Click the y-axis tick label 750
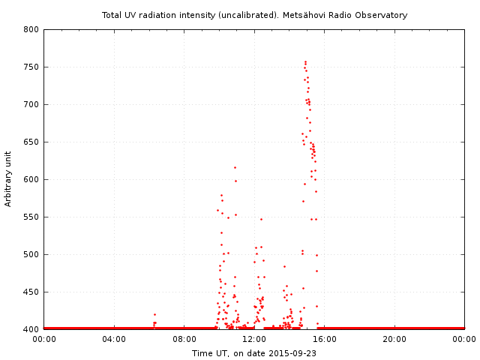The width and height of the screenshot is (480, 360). point(31,67)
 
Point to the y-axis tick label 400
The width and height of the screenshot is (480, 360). point(31,329)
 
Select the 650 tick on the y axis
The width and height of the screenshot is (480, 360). point(31,142)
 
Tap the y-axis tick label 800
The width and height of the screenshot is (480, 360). point(31,29)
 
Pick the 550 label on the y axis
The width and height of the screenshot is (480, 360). point(31,217)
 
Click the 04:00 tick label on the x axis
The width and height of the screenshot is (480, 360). point(114,339)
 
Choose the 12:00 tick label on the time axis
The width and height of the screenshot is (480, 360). point(254,339)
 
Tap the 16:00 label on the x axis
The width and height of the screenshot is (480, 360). point(325,339)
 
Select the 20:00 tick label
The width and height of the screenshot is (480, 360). point(394,339)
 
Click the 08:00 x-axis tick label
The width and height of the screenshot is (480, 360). point(184,339)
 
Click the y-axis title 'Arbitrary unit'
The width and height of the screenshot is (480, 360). point(8,179)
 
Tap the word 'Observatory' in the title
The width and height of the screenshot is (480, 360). point(382,15)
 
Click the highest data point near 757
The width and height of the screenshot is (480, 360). point(305,61)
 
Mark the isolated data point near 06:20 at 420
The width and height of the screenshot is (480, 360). point(154,314)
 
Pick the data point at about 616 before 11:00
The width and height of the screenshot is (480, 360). point(235,167)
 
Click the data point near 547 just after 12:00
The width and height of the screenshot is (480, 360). point(261,219)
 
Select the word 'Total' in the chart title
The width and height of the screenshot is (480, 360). point(113,15)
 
